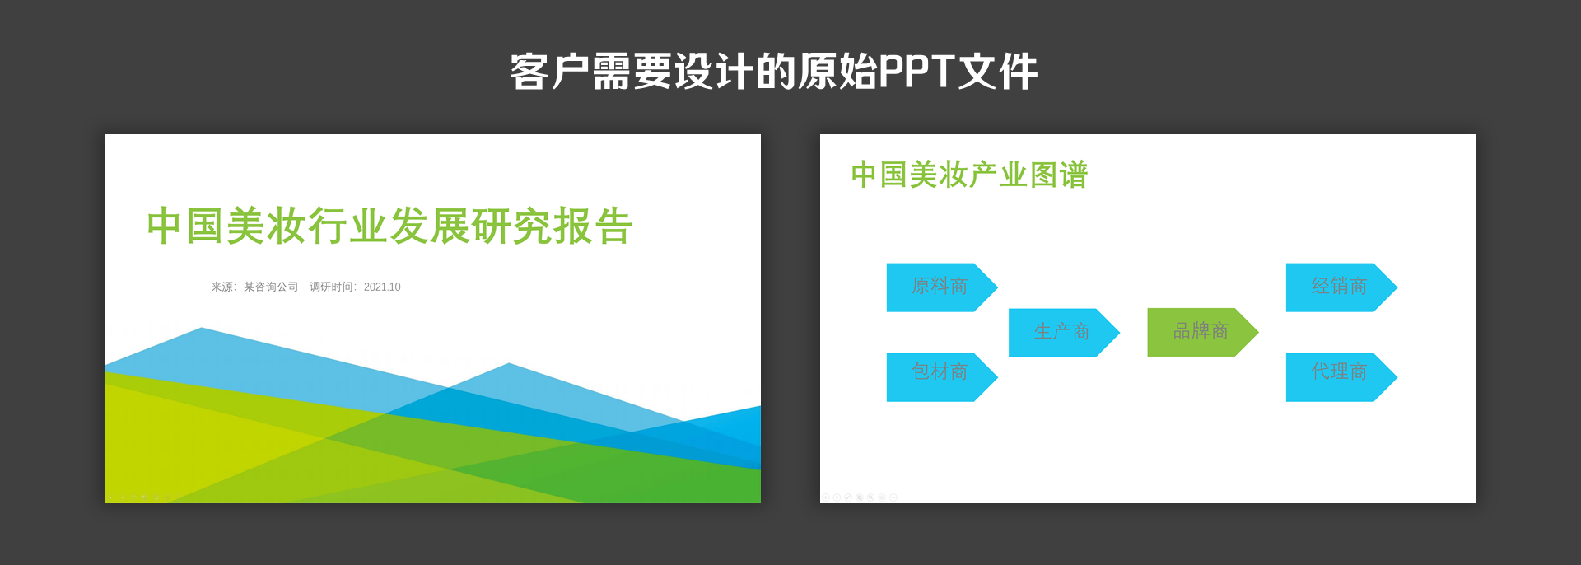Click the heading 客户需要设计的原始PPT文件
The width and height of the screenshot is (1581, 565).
773,72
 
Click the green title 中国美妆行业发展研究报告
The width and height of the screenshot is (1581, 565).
389,226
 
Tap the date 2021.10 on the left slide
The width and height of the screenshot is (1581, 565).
382,287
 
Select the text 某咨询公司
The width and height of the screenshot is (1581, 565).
271,287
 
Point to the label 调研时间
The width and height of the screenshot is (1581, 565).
332,287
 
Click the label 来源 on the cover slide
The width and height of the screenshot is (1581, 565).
222,287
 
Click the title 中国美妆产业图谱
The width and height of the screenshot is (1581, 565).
969,175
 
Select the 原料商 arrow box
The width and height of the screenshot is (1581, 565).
939,287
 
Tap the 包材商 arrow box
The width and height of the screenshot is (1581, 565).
939,376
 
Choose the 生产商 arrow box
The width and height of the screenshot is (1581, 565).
1061,332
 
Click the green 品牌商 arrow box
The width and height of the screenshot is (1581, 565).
1200,332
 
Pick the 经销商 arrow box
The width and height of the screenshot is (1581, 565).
1338,287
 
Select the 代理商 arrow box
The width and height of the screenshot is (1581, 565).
1338,376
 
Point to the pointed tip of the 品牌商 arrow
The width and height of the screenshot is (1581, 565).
1255,332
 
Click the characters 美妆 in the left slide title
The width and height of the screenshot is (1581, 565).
266,226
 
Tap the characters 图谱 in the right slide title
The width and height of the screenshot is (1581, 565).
1058,175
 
